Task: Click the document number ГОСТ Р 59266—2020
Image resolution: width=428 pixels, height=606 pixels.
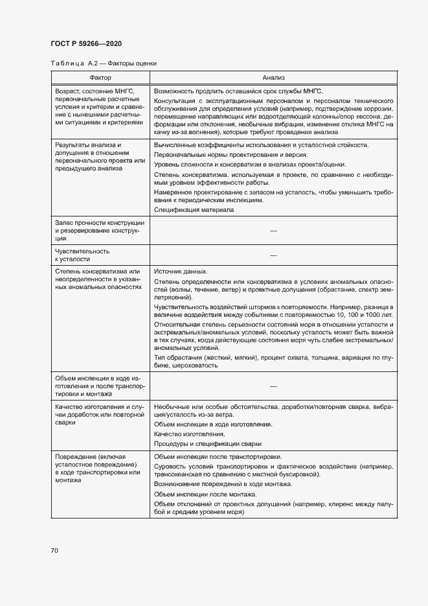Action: (x=85, y=43)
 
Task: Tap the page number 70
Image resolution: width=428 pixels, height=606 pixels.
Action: (x=54, y=550)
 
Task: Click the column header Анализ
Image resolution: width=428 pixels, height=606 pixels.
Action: (x=273, y=76)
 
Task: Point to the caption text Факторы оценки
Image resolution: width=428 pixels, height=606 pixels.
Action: (x=132, y=64)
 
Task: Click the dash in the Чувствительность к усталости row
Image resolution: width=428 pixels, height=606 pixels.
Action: (x=273, y=255)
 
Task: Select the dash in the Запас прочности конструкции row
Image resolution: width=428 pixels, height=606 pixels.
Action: (x=273, y=231)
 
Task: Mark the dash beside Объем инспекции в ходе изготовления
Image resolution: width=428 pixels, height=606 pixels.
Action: (x=273, y=386)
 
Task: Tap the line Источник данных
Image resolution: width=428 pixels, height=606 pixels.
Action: (x=181, y=271)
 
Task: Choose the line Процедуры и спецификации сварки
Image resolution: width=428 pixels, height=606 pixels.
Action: (x=208, y=443)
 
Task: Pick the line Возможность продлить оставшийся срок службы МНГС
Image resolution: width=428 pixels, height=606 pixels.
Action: (x=238, y=91)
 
